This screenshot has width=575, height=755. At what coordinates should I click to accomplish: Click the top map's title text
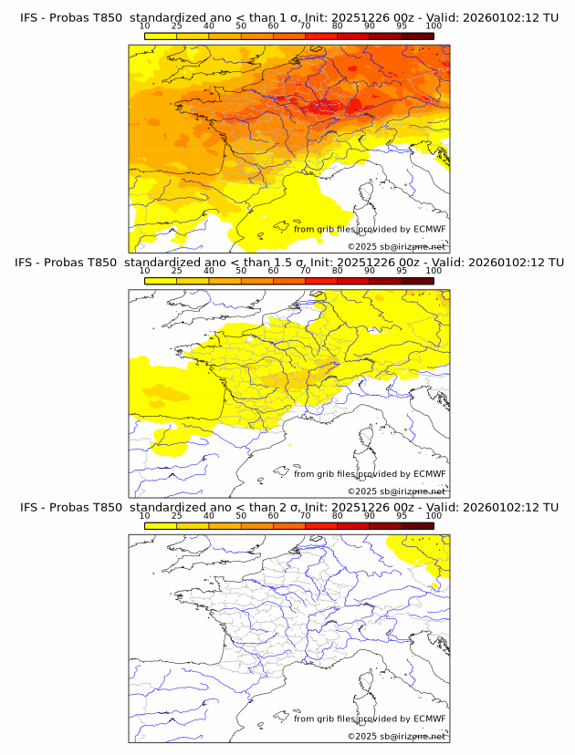point(288,17)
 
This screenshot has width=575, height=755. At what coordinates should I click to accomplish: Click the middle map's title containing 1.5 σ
point(288,262)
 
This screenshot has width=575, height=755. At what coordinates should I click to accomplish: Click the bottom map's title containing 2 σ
point(288,507)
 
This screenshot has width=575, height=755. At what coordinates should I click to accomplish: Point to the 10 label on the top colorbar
point(144,26)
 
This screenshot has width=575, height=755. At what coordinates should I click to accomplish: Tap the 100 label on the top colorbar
point(434,26)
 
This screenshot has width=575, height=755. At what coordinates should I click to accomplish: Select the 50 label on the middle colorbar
point(241,271)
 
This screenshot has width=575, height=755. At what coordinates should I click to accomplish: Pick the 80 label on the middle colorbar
point(338,271)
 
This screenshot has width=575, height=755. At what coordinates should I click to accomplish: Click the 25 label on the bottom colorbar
point(176,516)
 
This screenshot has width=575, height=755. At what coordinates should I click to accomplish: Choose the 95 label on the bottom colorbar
point(402,516)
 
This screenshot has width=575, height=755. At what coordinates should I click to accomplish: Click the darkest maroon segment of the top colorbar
point(417,36)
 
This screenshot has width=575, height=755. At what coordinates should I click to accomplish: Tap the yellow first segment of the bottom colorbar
point(160,526)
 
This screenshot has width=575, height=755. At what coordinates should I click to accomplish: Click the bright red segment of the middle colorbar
point(321,282)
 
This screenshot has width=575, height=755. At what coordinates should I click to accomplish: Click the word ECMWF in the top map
point(430,229)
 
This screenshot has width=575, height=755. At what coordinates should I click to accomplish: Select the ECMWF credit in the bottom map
point(430,719)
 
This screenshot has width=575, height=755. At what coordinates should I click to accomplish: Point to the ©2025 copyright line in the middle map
point(396,491)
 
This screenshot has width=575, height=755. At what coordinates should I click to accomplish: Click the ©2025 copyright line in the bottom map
point(396,736)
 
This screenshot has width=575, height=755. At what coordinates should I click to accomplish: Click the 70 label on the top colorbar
point(305,26)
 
